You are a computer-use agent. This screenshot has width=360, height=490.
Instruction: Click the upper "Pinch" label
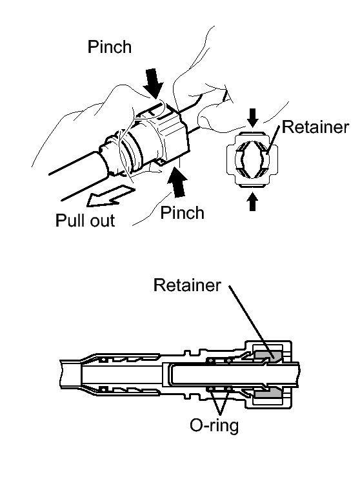[x=109, y=48]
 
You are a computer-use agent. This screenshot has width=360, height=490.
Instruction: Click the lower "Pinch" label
[x=182, y=213]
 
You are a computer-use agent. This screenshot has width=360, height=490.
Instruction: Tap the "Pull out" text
[x=85, y=220]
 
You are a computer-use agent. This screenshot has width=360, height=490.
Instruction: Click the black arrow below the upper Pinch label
[x=154, y=83]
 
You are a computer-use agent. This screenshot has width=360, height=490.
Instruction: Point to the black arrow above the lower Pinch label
[x=177, y=183]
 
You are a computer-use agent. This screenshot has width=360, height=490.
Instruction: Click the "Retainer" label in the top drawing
[x=315, y=127]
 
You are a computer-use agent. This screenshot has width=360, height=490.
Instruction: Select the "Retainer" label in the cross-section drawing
[x=187, y=285]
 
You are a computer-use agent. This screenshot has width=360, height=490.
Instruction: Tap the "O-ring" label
[x=214, y=425]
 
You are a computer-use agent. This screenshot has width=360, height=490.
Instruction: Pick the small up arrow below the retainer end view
[x=253, y=202]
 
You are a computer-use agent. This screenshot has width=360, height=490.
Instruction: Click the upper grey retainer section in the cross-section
[x=268, y=355]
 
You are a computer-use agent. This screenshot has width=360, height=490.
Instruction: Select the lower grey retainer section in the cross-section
[x=268, y=393]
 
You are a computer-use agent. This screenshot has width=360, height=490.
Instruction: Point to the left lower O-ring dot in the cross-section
[x=211, y=389]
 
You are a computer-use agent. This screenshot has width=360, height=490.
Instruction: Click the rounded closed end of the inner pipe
[x=171, y=374]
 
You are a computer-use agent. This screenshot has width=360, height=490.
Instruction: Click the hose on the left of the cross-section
[x=71, y=374]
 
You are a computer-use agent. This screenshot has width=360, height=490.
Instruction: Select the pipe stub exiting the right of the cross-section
[x=295, y=374]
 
